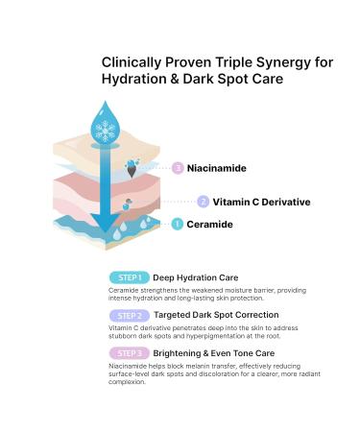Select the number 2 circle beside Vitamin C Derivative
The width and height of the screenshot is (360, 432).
[x=203, y=202]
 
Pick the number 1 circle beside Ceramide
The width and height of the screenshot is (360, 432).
[x=178, y=225]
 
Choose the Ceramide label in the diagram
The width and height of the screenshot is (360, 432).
[x=210, y=225]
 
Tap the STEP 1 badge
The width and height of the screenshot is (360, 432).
[x=129, y=277]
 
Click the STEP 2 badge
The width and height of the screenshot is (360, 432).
[x=129, y=314]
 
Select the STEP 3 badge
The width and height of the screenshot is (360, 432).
[x=129, y=352]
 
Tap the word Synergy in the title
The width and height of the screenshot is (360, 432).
[x=278, y=62]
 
